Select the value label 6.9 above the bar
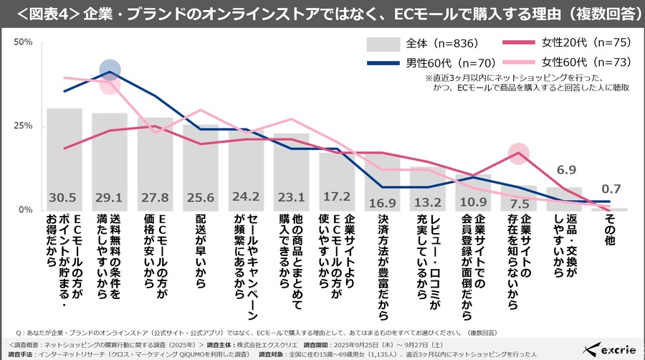(x=567, y=170)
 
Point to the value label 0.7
(x=611, y=189)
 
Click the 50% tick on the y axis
(x=24, y=42)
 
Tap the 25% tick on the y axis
(x=24, y=126)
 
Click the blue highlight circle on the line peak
(x=110, y=70)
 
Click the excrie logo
(x=611, y=349)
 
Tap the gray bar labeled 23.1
(x=291, y=172)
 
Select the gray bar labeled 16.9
(x=382, y=183)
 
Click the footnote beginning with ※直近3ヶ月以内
(x=527, y=82)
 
